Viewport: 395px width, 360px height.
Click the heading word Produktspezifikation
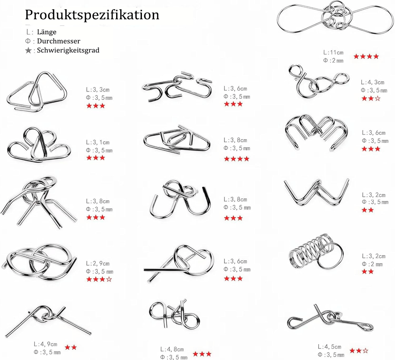(x=92, y=15)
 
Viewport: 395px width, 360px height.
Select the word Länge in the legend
(x=47, y=32)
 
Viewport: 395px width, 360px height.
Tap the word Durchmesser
(x=59, y=41)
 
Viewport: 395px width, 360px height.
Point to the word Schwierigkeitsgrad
(x=68, y=50)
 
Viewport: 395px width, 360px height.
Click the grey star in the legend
(x=28, y=51)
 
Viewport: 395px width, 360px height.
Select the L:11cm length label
(x=333, y=52)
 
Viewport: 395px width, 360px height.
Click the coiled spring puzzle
(x=309, y=253)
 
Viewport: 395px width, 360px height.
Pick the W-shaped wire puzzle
(x=316, y=191)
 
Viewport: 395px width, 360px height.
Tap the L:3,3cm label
(x=98, y=90)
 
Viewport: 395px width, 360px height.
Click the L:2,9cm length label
(x=98, y=264)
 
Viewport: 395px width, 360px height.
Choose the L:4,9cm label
(x=46, y=344)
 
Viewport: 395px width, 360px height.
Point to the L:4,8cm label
(x=172, y=349)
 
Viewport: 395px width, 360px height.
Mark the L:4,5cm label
(x=329, y=346)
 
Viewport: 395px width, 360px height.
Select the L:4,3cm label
(x=373, y=82)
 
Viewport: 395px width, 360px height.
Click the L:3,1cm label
(x=98, y=142)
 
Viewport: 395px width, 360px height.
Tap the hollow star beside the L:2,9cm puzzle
(x=109, y=279)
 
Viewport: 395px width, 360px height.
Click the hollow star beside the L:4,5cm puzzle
(x=366, y=350)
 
